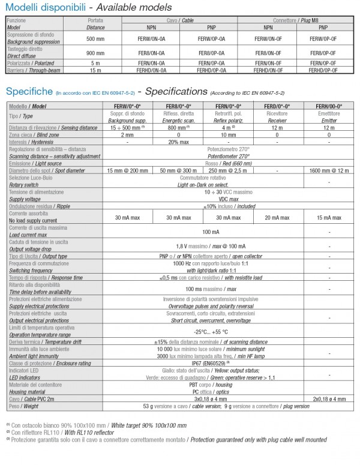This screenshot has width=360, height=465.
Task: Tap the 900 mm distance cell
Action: [x=95, y=52]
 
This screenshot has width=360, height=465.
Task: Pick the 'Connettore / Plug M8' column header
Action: [x=295, y=20]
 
